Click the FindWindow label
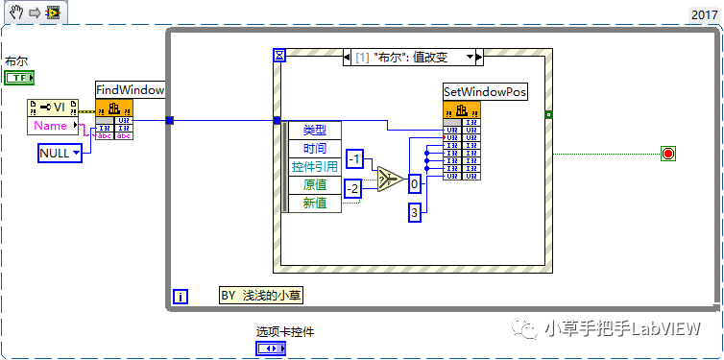[131, 89]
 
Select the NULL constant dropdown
[60, 153]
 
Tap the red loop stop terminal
[668, 154]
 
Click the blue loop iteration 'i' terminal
[181, 297]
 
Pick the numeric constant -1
[355, 158]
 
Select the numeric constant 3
[415, 213]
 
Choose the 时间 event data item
[314, 149]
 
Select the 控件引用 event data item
[314, 167]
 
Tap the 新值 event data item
[314, 204]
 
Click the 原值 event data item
[314, 185]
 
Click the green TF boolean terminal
[20, 76]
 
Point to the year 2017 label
[704, 14]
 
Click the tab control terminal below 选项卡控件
[271, 349]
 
